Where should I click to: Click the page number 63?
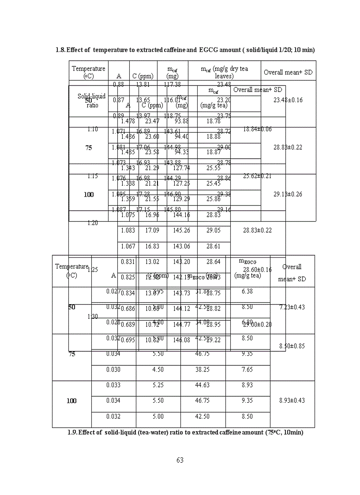(x=180, y=460)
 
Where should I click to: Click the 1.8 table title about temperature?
(x=185, y=50)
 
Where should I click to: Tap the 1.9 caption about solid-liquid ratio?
(x=185, y=432)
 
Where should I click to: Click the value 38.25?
(x=202, y=370)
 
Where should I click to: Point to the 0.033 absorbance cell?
(x=113, y=385)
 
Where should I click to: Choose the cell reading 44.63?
(x=202, y=385)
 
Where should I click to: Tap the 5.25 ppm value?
(x=158, y=385)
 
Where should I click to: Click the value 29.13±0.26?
(x=288, y=194)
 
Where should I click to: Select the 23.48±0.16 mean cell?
(x=288, y=100)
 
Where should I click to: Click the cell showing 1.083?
(x=128, y=230)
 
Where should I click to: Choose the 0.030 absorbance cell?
(x=113, y=370)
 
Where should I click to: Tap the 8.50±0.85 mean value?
(x=292, y=346)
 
